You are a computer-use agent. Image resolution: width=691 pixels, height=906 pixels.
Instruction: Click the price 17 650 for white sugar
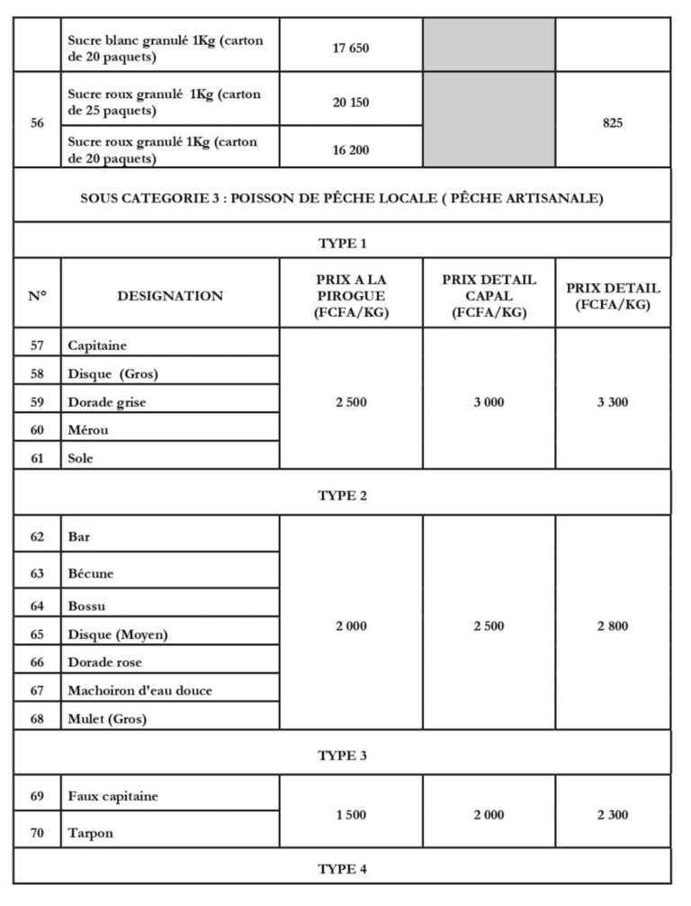coord(351,48)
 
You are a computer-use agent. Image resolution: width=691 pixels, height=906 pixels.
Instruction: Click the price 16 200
coord(351,150)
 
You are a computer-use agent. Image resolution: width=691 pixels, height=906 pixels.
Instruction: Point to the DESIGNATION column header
coord(170,295)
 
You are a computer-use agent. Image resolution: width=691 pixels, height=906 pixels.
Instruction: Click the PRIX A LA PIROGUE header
coord(351,295)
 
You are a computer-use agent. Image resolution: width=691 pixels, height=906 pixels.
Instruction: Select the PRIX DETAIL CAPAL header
coord(489,295)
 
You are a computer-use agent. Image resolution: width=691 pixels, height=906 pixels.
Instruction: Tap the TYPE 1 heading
coord(343,243)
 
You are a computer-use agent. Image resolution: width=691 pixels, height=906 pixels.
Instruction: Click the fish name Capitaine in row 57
coord(98,345)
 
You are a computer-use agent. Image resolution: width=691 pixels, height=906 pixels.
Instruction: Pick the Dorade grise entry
coord(107,402)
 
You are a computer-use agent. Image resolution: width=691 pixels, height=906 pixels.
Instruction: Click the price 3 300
coord(613,402)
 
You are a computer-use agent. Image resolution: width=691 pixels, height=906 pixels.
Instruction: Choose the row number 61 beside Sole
coord(37,458)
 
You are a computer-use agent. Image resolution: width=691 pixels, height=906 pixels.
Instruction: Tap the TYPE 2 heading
coord(343,495)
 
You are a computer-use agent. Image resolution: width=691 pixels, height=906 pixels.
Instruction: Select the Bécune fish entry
coord(91,573)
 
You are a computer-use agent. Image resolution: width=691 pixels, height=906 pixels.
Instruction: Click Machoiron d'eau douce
coord(140,690)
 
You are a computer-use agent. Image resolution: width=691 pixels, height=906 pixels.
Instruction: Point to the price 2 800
coord(613,626)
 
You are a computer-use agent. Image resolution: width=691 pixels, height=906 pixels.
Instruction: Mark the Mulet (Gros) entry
coord(107,719)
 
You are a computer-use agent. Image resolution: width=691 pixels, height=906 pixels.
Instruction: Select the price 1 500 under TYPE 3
coord(351,814)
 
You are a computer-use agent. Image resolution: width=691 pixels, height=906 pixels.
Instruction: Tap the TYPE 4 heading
coord(343,869)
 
